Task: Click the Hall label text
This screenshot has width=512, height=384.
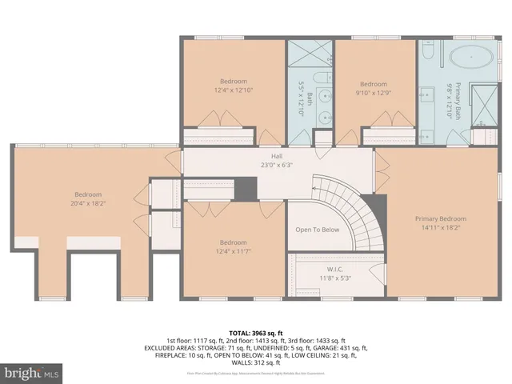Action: tap(277, 156)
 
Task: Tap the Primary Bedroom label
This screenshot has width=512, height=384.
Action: tap(440, 218)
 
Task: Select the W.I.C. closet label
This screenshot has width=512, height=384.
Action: tap(334, 269)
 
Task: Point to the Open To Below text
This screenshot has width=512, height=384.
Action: tap(318, 230)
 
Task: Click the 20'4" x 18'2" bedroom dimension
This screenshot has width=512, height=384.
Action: tap(88, 204)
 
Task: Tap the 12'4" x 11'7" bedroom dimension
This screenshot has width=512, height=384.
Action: tap(234, 252)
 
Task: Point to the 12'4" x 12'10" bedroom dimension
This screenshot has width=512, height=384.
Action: tap(234, 90)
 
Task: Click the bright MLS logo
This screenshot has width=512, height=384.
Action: tap(31, 373)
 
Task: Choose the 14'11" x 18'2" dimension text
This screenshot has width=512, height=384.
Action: tap(440, 227)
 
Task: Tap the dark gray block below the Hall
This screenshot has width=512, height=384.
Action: tap(246, 190)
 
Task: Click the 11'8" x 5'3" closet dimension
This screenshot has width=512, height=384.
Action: tap(334, 278)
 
